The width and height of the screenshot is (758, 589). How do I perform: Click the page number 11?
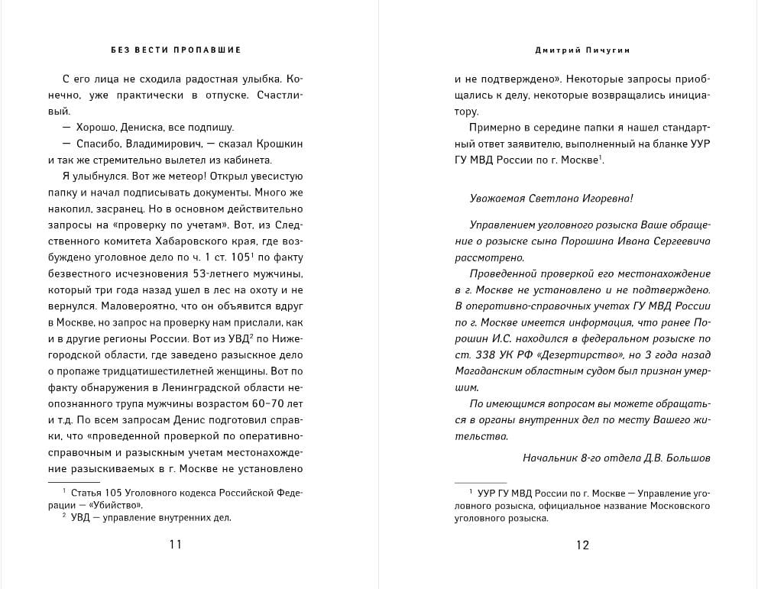click(x=176, y=545)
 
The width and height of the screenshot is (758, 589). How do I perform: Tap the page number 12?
click(x=582, y=545)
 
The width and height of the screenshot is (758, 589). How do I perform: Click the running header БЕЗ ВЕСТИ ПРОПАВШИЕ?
click(x=176, y=50)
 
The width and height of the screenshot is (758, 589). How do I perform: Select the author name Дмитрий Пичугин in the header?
click(x=583, y=50)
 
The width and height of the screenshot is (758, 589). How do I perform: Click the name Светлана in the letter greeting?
click(x=556, y=198)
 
